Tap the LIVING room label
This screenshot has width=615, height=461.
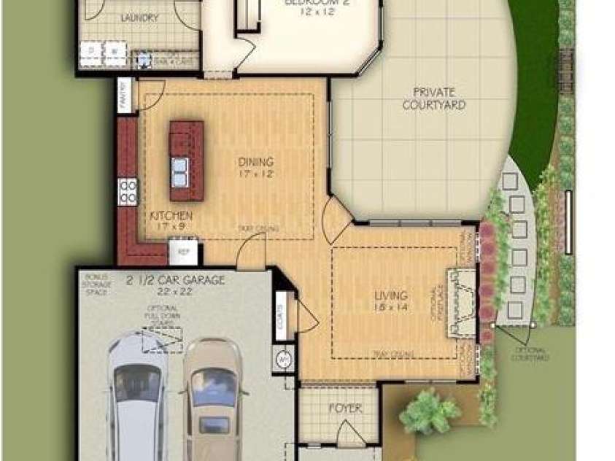tap(391, 295)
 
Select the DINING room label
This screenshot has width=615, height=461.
tap(255, 162)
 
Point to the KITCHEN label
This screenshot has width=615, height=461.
tap(171, 216)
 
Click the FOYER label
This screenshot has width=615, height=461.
tap(345, 409)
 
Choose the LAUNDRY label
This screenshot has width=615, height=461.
tap(140, 18)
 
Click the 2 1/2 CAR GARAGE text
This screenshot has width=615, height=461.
tap(175, 279)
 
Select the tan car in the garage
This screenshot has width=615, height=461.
tap(212, 398)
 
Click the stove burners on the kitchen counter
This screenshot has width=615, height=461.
tap(128, 191)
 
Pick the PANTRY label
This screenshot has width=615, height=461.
tap(125, 95)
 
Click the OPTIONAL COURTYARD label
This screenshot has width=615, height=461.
tap(530, 354)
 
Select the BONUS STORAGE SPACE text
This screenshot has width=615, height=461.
tap(96, 284)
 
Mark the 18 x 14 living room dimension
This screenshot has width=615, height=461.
tap(392, 309)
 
